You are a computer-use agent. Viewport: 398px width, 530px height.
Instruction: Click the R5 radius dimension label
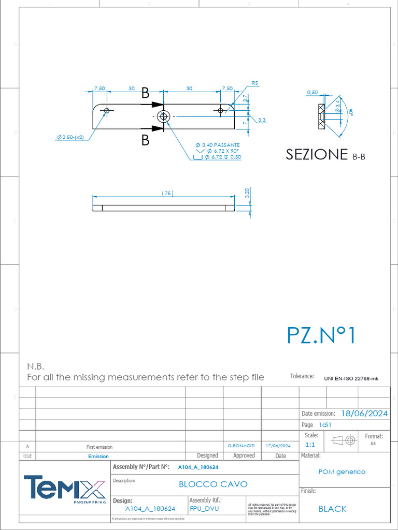click(254, 83)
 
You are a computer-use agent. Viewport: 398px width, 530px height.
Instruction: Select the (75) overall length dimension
click(167, 193)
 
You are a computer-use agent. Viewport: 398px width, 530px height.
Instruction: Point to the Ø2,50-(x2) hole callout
click(71, 137)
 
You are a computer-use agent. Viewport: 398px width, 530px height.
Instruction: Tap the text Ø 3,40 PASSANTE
click(217, 144)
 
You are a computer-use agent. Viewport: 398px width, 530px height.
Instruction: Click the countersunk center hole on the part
click(164, 116)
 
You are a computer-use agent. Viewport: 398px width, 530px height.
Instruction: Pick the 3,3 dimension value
click(262, 120)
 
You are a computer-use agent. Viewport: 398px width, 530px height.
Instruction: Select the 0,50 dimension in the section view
click(312, 92)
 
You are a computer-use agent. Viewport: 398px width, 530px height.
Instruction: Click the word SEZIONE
click(316, 154)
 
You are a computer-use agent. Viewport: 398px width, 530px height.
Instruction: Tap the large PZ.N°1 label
click(321, 335)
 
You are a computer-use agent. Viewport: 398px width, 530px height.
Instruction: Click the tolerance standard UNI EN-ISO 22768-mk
click(351, 378)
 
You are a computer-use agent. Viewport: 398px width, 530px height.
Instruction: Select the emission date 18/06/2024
click(364, 413)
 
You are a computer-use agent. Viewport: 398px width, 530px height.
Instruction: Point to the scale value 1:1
click(310, 445)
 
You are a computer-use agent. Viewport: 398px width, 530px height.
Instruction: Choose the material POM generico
click(342, 472)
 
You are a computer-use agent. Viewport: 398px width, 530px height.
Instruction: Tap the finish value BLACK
click(332, 509)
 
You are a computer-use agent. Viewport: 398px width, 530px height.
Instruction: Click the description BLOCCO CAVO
click(213, 484)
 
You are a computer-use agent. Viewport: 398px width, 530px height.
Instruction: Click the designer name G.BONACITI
click(241, 446)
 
